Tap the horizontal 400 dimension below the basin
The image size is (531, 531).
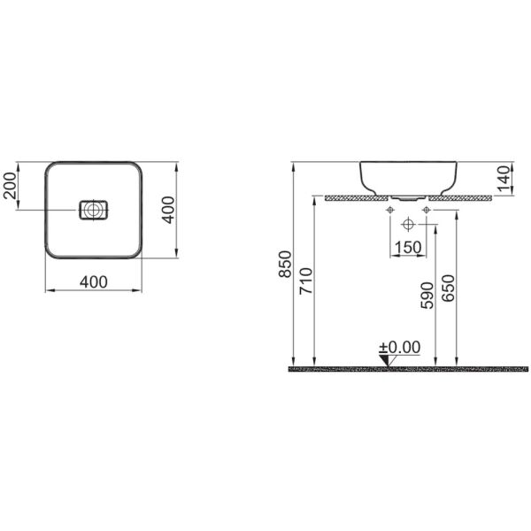[x=93, y=282]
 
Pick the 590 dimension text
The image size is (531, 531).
[x=427, y=295]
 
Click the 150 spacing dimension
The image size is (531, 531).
[x=408, y=247]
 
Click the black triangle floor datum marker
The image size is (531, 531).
[x=387, y=359]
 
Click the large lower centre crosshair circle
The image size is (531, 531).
[x=408, y=222]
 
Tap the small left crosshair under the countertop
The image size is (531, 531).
[x=389, y=210]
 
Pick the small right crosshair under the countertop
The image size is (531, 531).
[x=427, y=210]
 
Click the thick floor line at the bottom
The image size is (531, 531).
[x=407, y=367]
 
